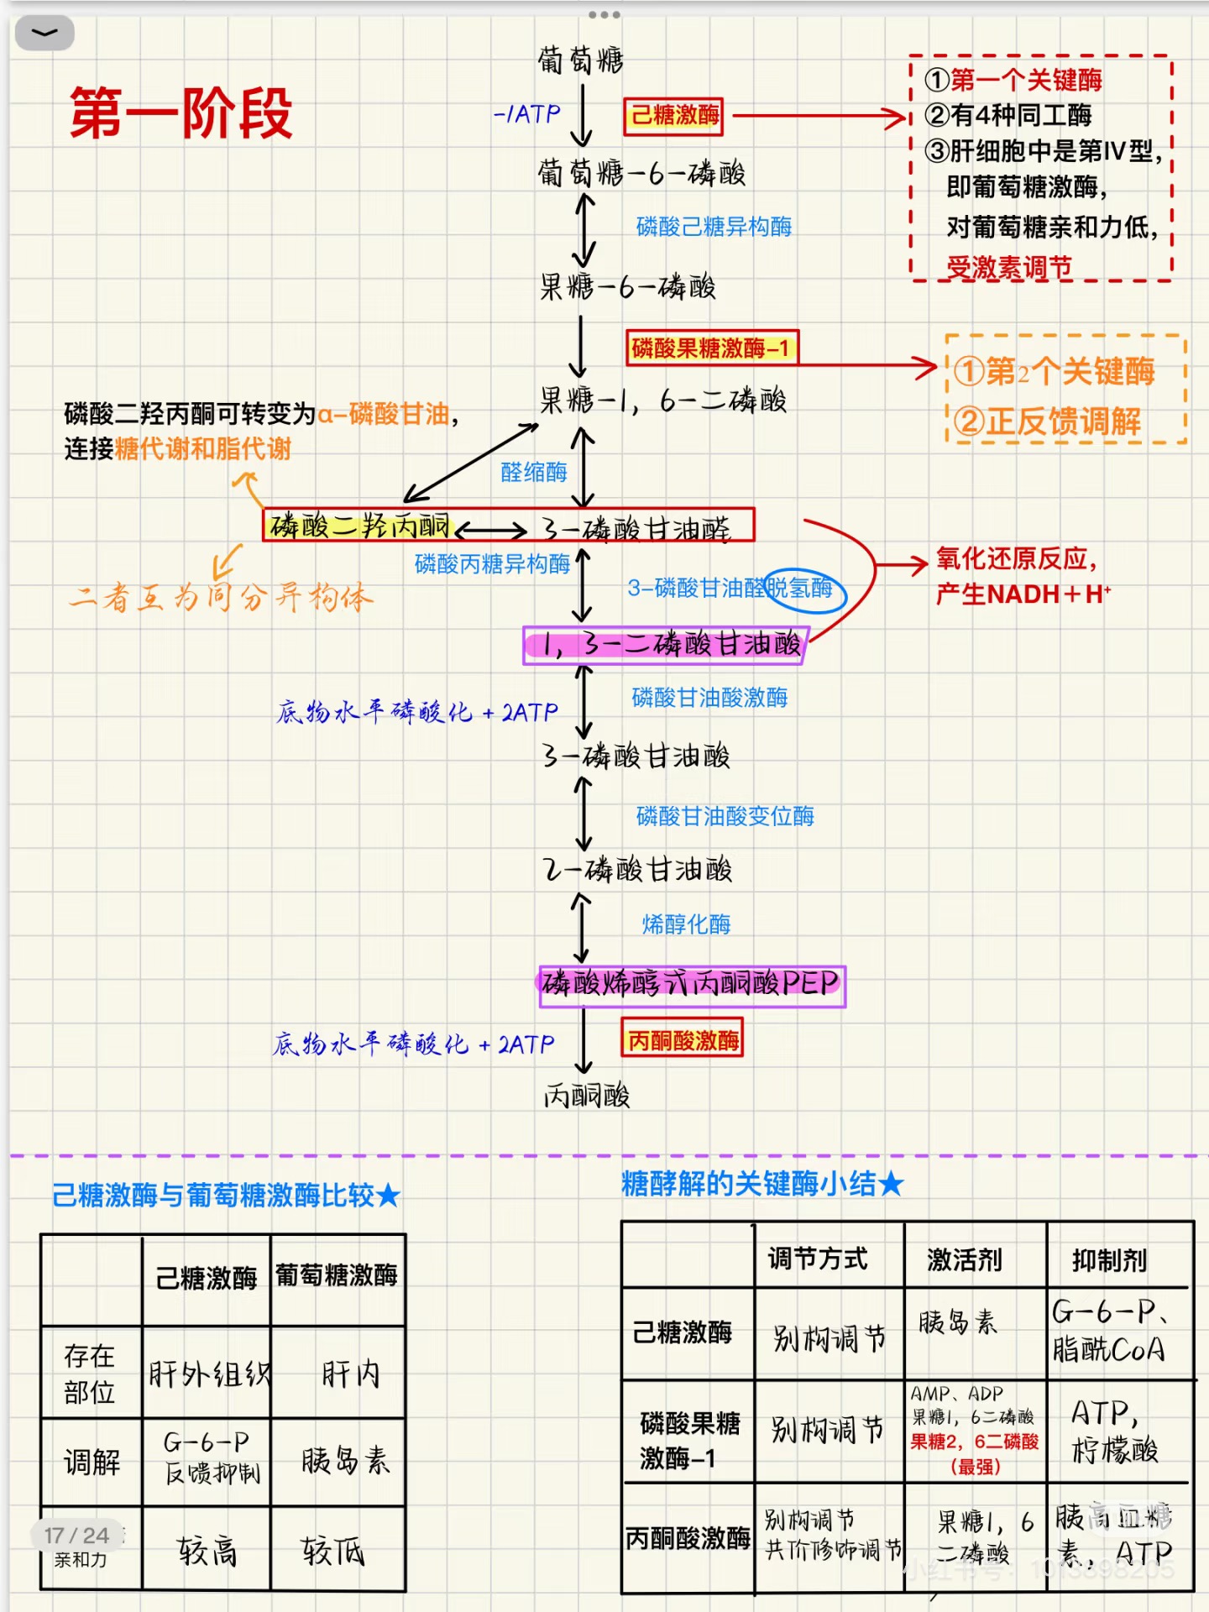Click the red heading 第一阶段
(x=181, y=113)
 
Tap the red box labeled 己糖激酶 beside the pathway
(x=674, y=116)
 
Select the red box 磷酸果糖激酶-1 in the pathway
(x=711, y=348)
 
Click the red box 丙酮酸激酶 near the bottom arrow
(x=683, y=1040)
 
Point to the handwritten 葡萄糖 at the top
(x=580, y=60)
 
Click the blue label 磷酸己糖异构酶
(x=714, y=227)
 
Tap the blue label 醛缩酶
(x=533, y=472)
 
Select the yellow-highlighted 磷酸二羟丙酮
(x=359, y=526)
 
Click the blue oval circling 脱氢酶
(x=804, y=589)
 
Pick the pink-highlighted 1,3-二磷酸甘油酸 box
(x=666, y=645)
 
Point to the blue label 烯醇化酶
(x=686, y=924)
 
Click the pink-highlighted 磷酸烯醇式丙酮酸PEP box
(x=691, y=984)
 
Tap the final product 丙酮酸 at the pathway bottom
(x=587, y=1095)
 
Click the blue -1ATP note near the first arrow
(x=526, y=114)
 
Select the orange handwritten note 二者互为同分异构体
(x=221, y=597)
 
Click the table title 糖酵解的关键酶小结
(x=762, y=1184)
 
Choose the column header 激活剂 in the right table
(x=965, y=1259)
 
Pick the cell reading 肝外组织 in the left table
(x=208, y=1374)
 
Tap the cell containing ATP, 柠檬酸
(x=1116, y=1431)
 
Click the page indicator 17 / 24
(x=76, y=1536)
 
